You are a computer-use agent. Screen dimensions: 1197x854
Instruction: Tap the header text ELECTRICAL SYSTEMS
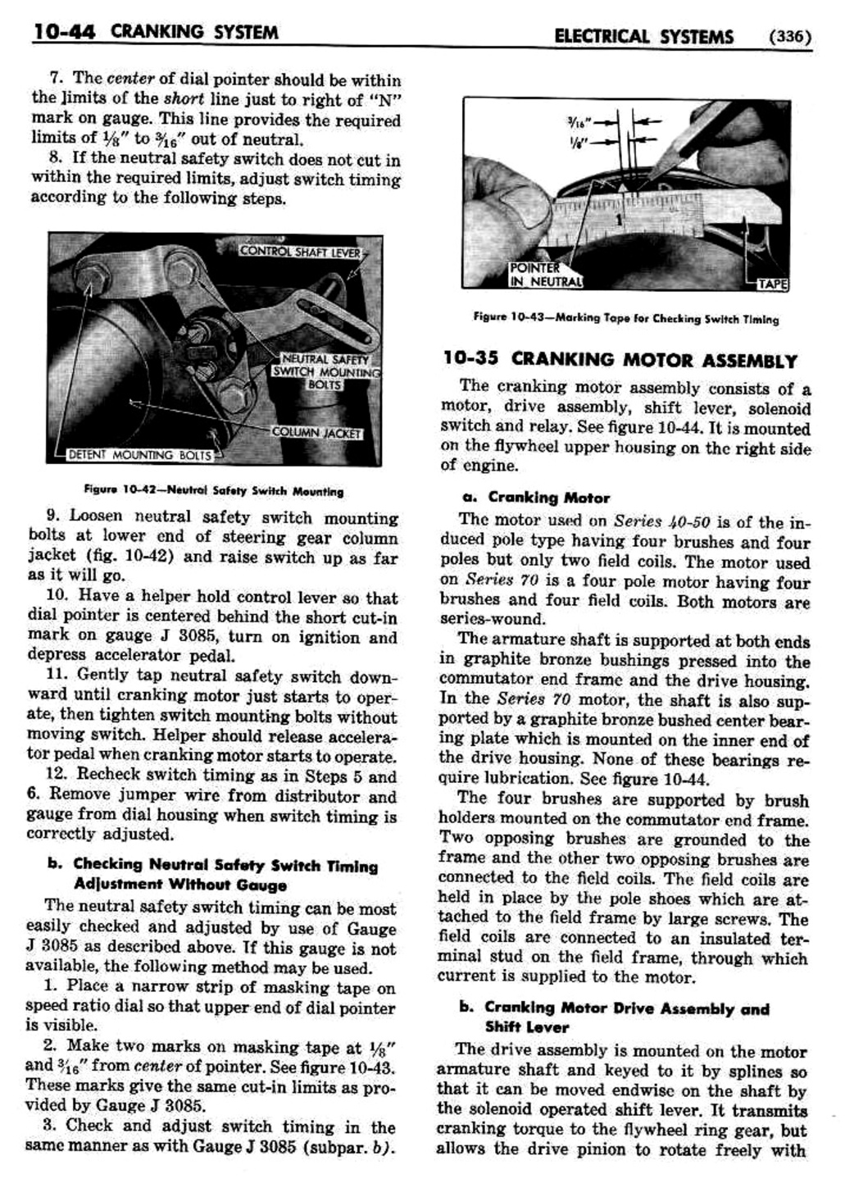pyautogui.click(x=643, y=36)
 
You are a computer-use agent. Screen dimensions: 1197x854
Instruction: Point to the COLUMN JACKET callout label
pyautogui.click(x=316, y=433)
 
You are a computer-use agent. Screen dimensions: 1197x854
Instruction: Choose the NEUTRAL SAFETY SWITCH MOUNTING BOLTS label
pyautogui.click(x=326, y=371)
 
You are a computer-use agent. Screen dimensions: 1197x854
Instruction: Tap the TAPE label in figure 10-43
pyautogui.click(x=771, y=284)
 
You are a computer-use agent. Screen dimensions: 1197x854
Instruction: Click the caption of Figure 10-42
pyautogui.click(x=213, y=491)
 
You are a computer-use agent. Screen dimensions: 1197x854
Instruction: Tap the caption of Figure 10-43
pyautogui.click(x=625, y=319)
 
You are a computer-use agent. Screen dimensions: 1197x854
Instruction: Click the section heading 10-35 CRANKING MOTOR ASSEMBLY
pyautogui.click(x=620, y=360)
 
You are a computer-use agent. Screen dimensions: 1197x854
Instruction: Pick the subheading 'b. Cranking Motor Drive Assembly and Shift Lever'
pyautogui.click(x=615, y=1017)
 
